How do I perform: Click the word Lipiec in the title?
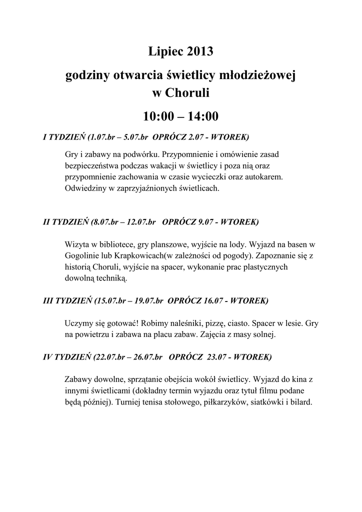coord(166,51)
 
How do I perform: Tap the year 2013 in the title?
coord(200,51)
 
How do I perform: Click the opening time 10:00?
coord(158,116)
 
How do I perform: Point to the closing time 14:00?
coord(203,116)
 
